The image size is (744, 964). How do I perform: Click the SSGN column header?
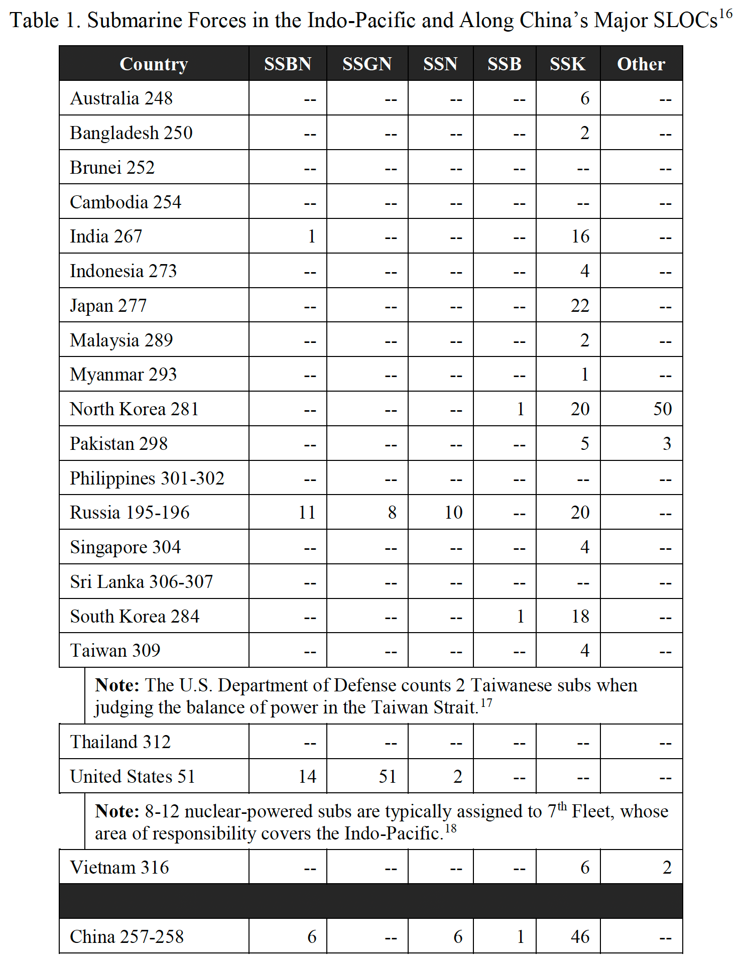[x=367, y=64]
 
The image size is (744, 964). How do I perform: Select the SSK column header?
[x=567, y=64]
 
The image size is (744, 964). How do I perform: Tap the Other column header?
[x=641, y=64]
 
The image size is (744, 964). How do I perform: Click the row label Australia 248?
[x=121, y=98]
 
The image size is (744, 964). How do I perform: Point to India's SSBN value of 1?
[x=312, y=236]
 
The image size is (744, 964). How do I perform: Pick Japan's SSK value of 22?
[x=580, y=306]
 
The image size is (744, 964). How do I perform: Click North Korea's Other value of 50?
[x=662, y=409]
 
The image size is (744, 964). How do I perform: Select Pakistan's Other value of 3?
[x=667, y=444]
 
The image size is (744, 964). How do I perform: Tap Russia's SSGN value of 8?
[x=392, y=513]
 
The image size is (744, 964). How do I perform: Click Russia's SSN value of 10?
[x=453, y=513]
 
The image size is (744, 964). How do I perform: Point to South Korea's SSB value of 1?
[x=521, y=617]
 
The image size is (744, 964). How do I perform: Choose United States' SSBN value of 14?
[x=307, y=777]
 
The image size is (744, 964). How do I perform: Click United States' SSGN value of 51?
[x=387, y=777]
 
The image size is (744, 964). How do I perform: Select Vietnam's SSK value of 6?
[x=585, y=868]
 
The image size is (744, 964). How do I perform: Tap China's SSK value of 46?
[x=580, y=937]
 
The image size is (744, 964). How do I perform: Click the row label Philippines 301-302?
[x=147, y=478]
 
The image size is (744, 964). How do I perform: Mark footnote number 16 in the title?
[x=725, y=14]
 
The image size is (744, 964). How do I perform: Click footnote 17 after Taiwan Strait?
[x=486, y=702]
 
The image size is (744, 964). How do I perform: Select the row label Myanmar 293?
[x=123, y=375]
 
